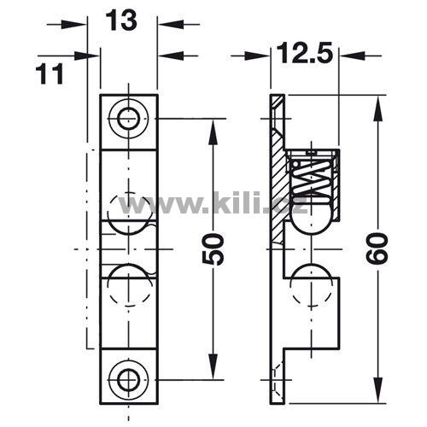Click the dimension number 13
(x=121, y=20)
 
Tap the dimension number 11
(x=50, y=74)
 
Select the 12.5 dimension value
(x=304, y=53)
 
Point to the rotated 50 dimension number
(x=213, y=249)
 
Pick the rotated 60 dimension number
(x=377, y=248)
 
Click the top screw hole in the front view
(x=129, y=119)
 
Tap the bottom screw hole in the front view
(x=129, y=380)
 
